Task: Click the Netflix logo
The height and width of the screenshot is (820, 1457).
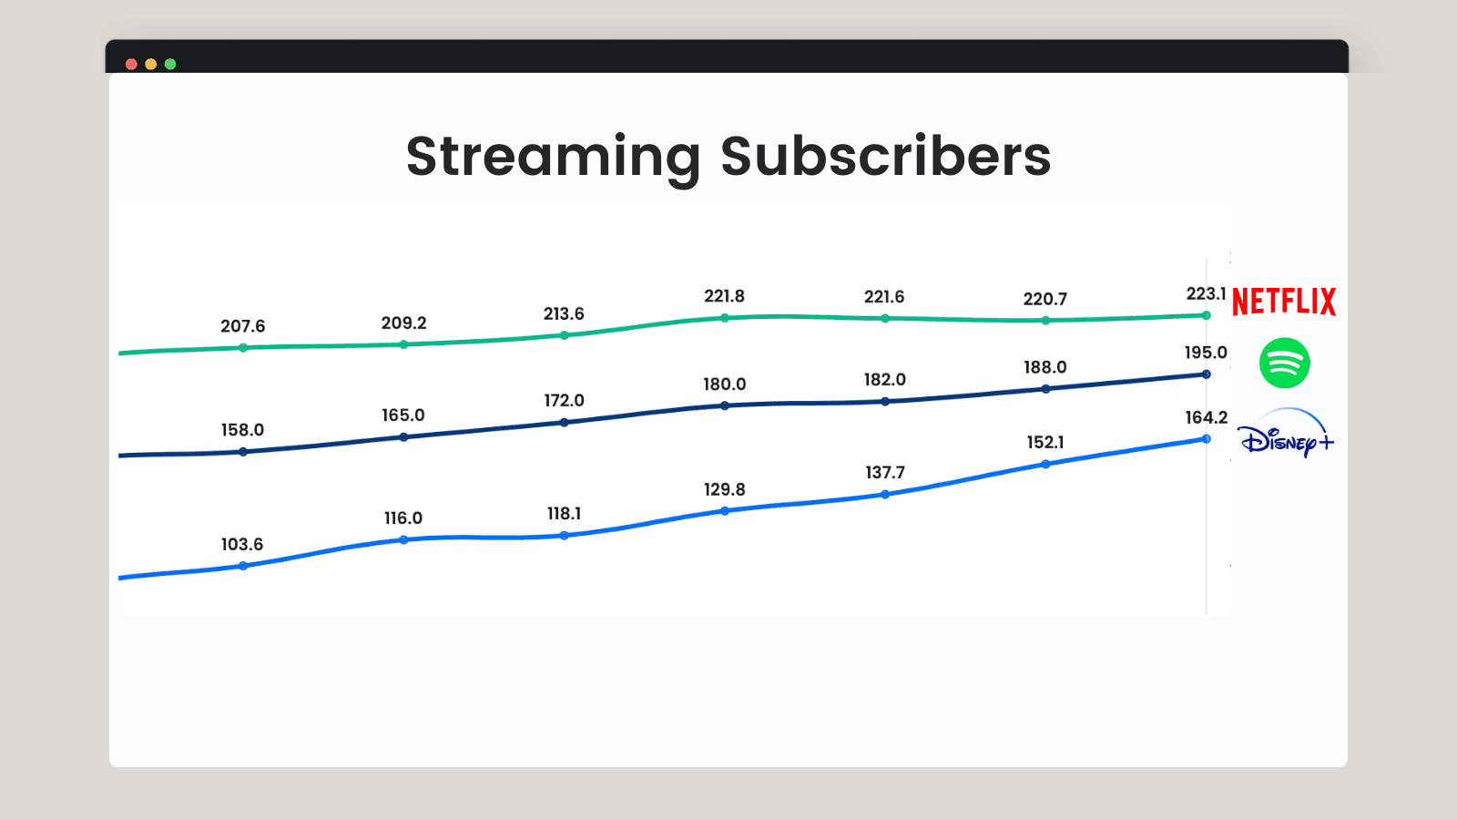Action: (x=1284, y=302)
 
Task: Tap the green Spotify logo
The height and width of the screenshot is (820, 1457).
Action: (x=1285, y=363)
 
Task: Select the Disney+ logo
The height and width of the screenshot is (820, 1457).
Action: (x=1285, y=434)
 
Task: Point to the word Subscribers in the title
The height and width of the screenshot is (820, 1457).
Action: (x=886, y=156)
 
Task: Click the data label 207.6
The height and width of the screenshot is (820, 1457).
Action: (x=242, y=326)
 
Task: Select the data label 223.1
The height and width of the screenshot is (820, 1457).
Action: (x=1206, y=294)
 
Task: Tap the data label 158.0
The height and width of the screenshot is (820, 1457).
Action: (x=242, y=430)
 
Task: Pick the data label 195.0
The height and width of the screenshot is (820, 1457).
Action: (x=1206, y=353)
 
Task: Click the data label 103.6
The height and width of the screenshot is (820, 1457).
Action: (x=242, y=544)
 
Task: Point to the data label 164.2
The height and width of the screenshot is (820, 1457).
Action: (x=1207, y=418)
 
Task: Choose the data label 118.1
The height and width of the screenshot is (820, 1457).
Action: (x=564, y=514)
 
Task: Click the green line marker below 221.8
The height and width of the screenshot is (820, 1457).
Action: (x=725, y=318)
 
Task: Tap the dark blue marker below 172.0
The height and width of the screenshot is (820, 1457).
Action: (x=565, y=423)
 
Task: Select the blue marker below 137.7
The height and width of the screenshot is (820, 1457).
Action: (x=885, y=495)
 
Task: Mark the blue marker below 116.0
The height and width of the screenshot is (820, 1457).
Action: (x=404, y=540)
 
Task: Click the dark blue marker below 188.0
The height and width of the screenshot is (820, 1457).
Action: (x=1046, y=389)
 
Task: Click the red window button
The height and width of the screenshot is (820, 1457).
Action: (x=131, y=64)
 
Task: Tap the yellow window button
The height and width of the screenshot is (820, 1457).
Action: (x=151, y=64)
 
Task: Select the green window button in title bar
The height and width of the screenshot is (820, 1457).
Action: (x=170, y=64)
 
